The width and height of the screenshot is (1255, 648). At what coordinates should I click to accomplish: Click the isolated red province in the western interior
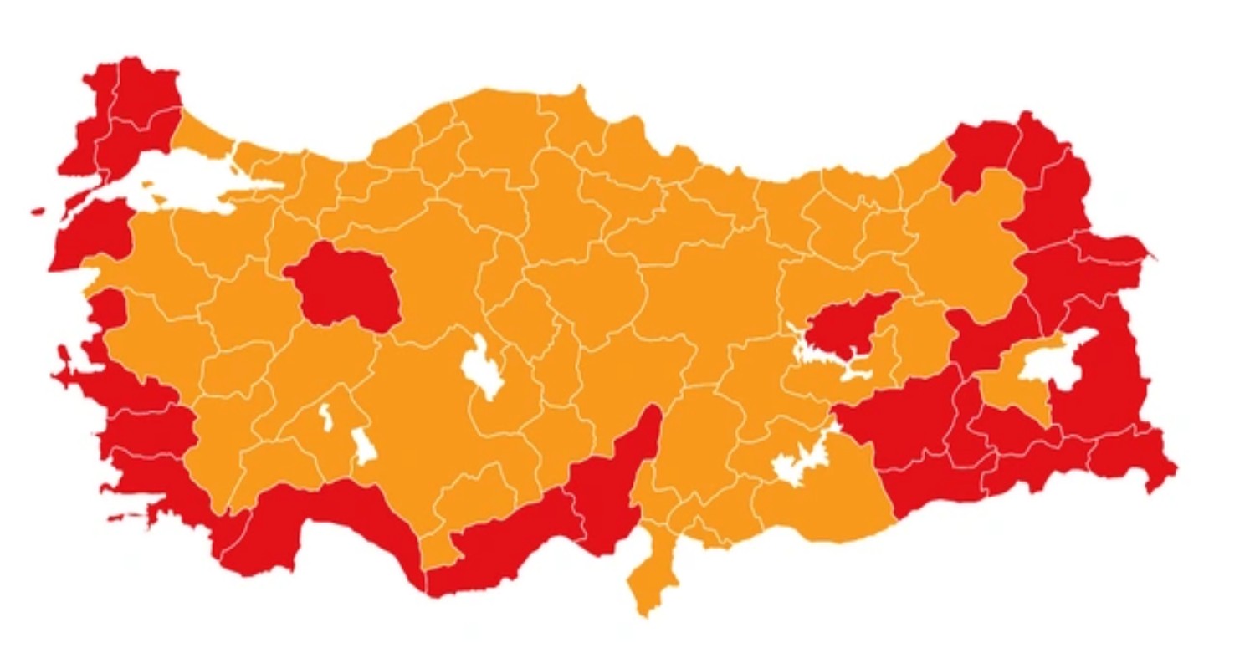click(x=343, y=284)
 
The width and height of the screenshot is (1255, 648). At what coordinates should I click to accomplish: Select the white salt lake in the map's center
click(x=483, y=368)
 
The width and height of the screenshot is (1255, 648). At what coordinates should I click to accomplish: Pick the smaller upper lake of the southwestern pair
click(x=325, y=417)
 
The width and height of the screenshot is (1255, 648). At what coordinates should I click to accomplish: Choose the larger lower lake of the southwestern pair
click(x=364, y=446)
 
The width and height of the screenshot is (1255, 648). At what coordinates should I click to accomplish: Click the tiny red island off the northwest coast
click(x=38, y=212)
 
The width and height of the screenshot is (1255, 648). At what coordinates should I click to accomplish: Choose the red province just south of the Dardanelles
click(x=92, y=234)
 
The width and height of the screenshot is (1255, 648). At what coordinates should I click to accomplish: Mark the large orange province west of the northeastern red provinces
click(x=971, y=242)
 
